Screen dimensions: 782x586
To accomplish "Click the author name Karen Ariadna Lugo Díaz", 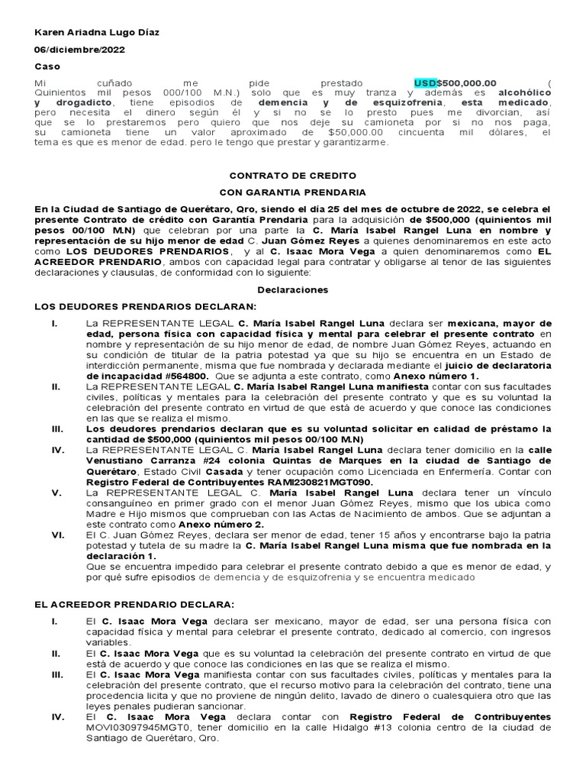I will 98,33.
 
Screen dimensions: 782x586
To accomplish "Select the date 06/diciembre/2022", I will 80,50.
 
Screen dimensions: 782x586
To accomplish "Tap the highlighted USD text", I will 425,82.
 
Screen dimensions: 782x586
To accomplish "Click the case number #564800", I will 191,376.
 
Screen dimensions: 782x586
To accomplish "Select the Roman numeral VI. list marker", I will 56,535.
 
